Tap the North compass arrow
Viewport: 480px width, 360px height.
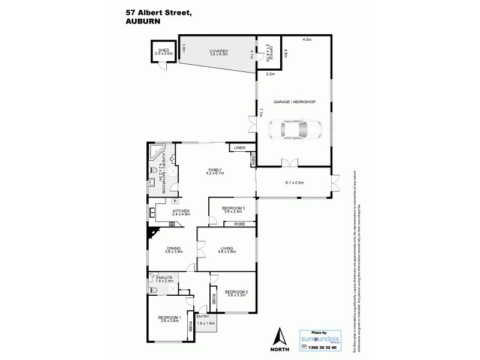click(278, 336)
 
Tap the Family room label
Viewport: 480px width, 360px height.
click(215, 171)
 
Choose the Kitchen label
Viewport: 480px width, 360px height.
click(181, 212)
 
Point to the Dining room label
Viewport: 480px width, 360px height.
click(173, 248)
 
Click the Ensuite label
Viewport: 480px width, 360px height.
click(164, 278)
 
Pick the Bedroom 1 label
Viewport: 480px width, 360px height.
click(170, 318)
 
